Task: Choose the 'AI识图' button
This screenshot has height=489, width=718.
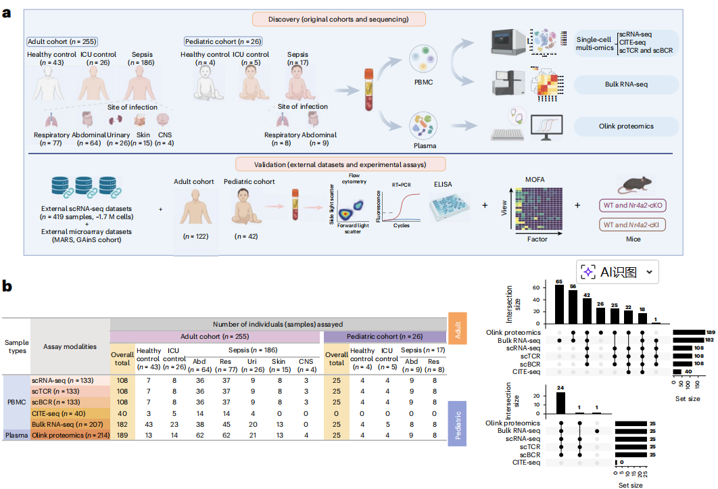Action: tap(617, 272)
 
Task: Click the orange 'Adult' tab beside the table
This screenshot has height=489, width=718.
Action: tap(458, 329)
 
